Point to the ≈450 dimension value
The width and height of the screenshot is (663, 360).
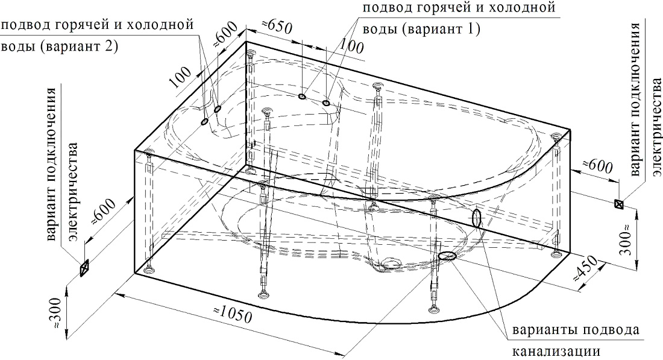(x=586, y=270)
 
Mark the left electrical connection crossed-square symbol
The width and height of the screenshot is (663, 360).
(x=84, y=267)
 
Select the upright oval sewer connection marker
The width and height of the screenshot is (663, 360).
(x=477, y=218)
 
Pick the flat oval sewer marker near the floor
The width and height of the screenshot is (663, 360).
(x=448, y=256)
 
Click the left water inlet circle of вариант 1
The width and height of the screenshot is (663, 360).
(x=302, y=96)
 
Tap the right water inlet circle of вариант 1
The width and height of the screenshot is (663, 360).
(x=326, y=103)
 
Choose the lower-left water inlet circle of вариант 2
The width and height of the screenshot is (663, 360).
(x=204, y=122)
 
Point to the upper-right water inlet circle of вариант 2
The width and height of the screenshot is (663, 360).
(x=218, y=110)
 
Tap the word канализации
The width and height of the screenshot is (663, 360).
(x=556, y=351)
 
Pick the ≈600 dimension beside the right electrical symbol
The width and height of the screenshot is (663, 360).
(x=597, y=167)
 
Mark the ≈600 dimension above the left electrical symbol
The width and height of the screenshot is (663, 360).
(x=104, y=212)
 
